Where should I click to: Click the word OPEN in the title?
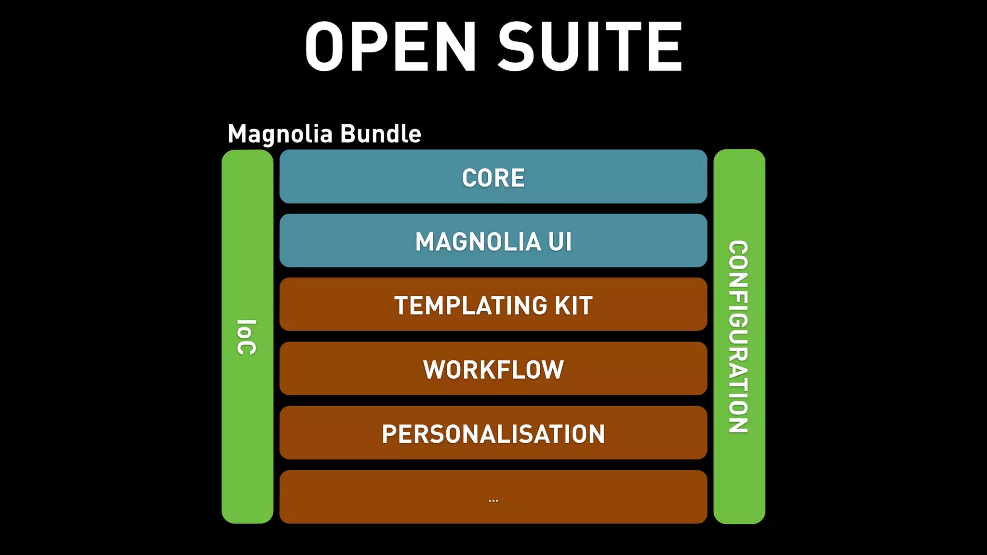390,47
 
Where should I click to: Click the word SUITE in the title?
590,47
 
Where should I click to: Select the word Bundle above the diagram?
380,134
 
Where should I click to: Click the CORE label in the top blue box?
493,178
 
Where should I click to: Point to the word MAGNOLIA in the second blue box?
478,242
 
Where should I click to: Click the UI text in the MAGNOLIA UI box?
560,242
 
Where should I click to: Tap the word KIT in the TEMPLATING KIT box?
574,306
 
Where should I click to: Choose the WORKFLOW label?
493,370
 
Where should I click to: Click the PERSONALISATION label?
493,434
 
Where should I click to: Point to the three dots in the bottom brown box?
493,501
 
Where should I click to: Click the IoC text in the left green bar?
247,337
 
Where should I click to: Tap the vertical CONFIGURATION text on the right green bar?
738,337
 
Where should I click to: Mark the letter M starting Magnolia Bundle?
239,134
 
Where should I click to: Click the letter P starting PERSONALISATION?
389,434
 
